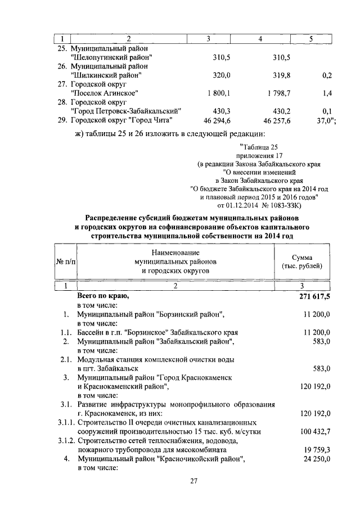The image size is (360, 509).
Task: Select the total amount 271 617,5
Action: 313,296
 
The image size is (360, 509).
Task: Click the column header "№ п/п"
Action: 65,261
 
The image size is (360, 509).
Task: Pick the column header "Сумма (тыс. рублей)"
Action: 306,261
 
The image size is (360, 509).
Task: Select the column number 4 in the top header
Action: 260,38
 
